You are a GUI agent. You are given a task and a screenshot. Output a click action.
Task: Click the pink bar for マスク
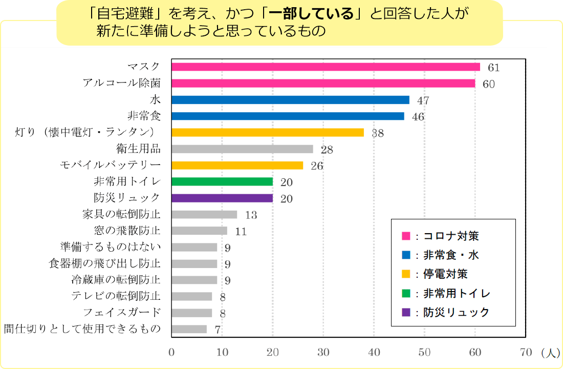click(x=326, y=67)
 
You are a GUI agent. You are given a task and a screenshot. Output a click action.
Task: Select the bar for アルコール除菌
click(x=323, y=83)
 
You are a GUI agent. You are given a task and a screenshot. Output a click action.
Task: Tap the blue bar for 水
click(x=290, y=99)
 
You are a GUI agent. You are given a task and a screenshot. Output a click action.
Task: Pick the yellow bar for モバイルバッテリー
click(x=237, y=166)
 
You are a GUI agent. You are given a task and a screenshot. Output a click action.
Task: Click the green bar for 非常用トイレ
click(x=222, y=182)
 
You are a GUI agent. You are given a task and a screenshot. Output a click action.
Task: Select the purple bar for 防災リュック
click(x=222, y=198)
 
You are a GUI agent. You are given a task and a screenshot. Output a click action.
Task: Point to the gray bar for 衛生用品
click(x=242, y=149)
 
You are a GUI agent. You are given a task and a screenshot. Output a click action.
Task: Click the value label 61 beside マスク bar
click(x=493, y=68)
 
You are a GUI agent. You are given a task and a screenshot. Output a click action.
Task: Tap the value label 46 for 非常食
click(x=418, y=117)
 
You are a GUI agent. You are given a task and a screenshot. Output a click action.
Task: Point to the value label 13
click(x=251, y=215)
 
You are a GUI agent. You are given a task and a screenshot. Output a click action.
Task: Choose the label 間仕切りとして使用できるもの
click(x=82, y=329)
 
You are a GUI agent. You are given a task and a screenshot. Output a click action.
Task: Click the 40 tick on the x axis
click(x=374, y=353)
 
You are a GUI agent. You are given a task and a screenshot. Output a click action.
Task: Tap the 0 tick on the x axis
click(x=171, y=353)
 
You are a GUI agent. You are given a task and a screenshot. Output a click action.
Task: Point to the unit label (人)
click(x=549, y=353)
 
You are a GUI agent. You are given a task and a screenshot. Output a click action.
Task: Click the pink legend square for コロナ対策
click(x=406, y=236)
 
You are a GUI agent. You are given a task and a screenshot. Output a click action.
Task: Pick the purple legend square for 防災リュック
click(x=406, y=313)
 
